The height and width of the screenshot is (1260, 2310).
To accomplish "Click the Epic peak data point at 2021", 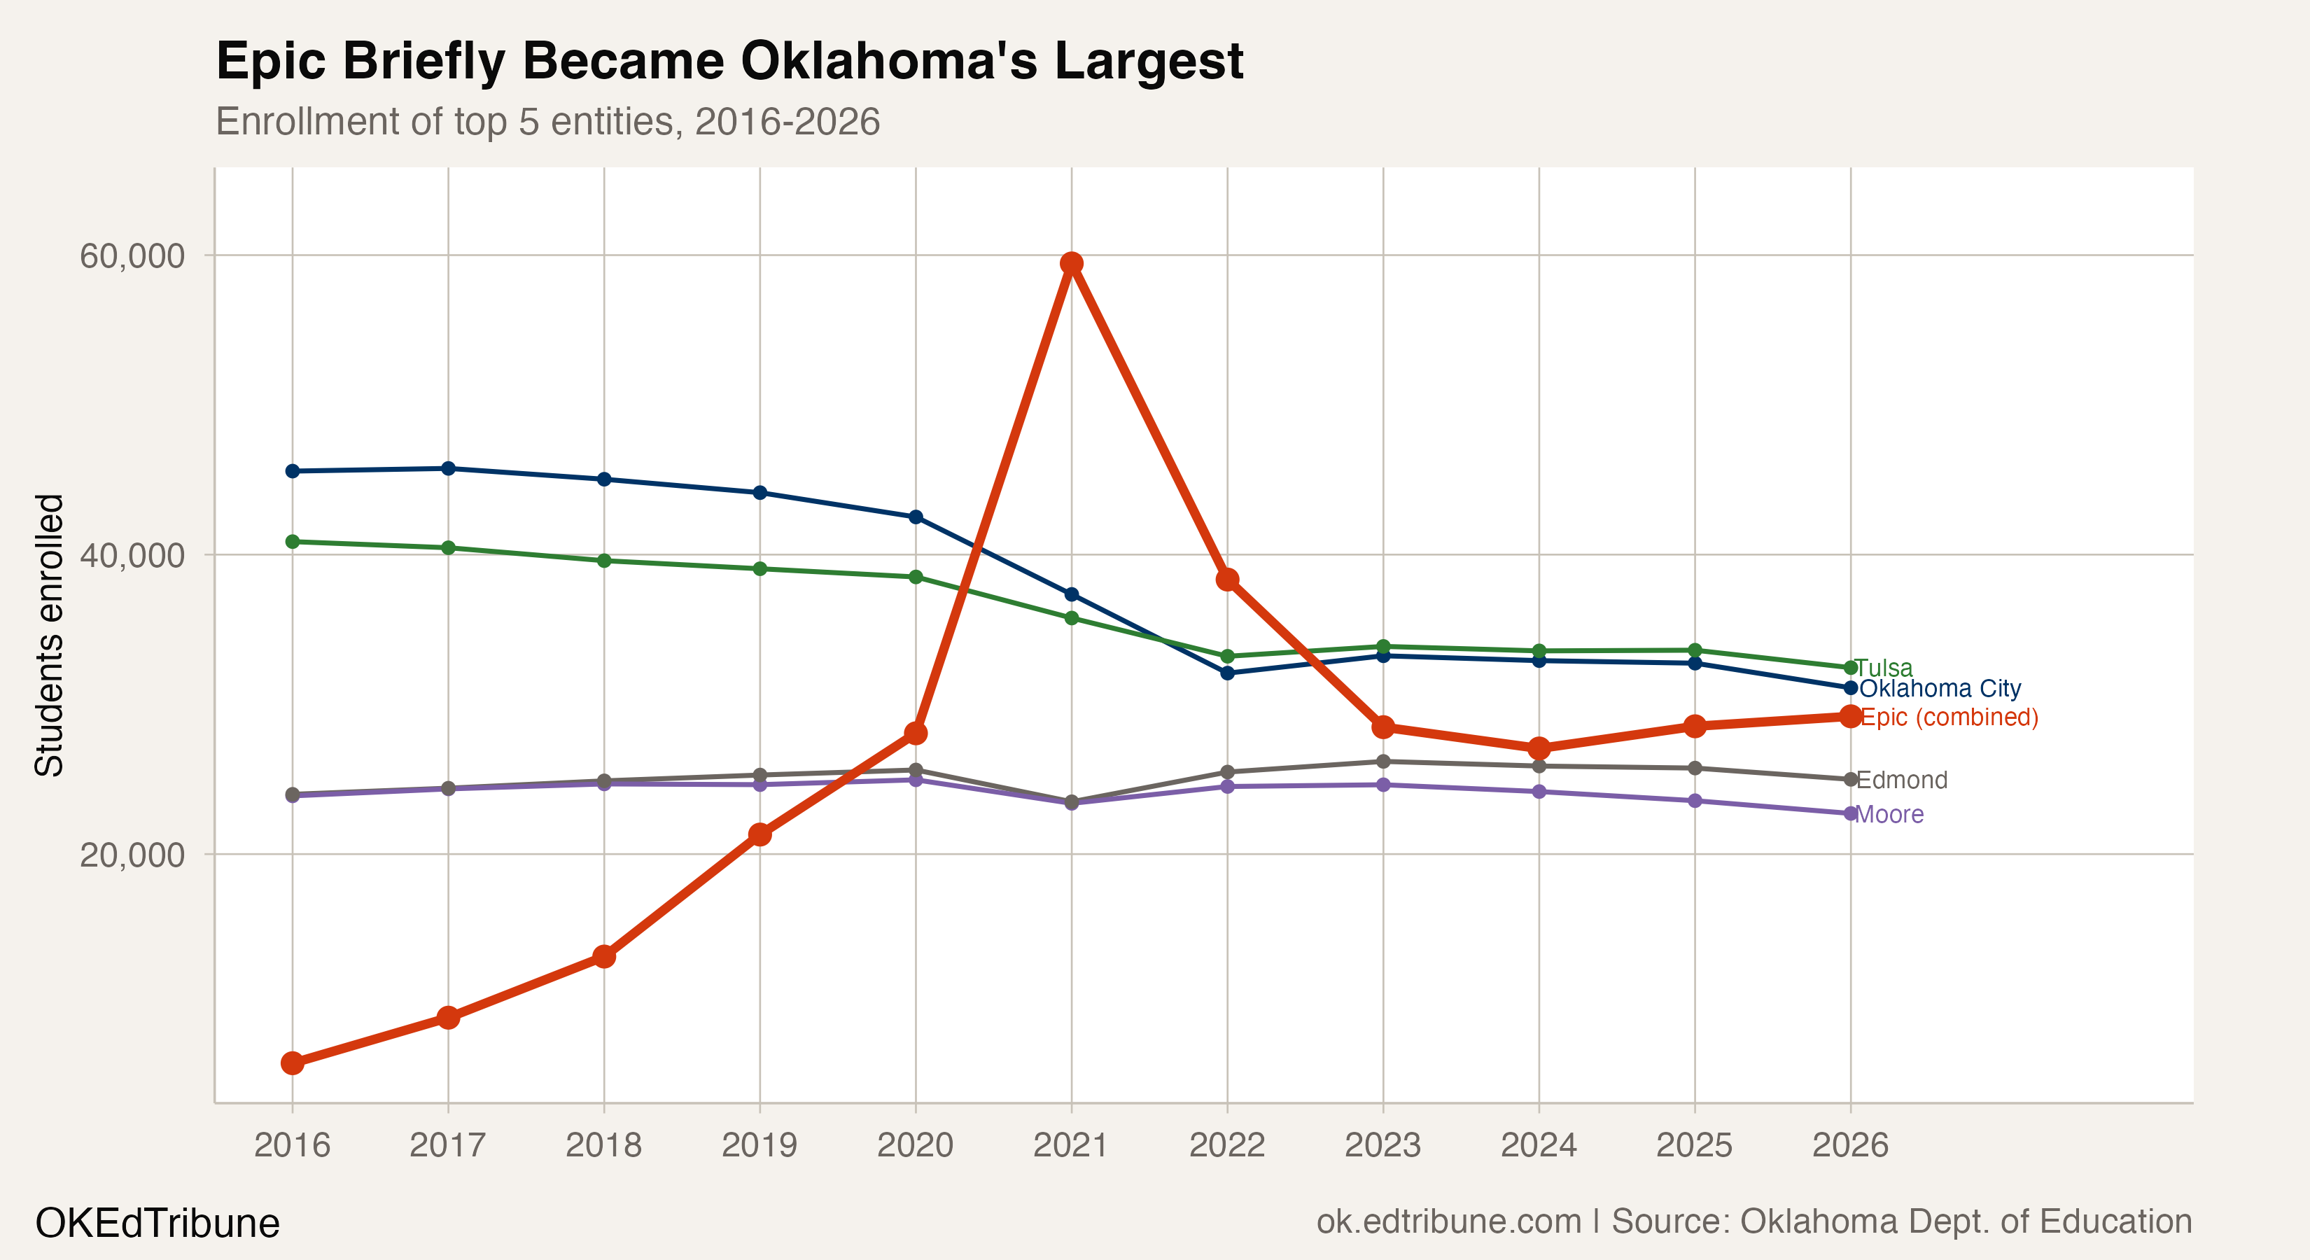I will point(1071,262).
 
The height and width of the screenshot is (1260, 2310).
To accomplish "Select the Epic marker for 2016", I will point(293,1063).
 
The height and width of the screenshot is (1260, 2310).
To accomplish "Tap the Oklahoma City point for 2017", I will point(449,468).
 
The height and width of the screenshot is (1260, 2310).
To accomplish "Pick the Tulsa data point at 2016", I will point(293,542).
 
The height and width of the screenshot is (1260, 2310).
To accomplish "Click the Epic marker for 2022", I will point(1226,580).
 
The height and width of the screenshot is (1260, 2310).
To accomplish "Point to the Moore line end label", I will point(1889,814).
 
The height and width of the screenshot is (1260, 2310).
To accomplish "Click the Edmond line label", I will point(1902,780).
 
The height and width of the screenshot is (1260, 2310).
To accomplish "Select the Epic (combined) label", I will point(1949,717).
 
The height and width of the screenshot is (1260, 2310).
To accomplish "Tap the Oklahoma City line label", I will point(1940,689).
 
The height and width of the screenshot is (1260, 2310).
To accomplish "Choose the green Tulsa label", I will point(1884,668).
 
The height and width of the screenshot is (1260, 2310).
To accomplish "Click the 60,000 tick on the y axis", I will point(132,256).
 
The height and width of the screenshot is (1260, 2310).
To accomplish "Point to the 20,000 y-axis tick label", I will point(132,855).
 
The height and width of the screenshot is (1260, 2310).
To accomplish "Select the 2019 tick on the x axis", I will point(759,1145).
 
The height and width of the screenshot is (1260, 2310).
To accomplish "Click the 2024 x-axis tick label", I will point(1539,1145).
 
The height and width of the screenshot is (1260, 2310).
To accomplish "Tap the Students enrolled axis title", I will point(49,635).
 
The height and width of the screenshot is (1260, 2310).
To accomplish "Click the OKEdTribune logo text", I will point(157,1223).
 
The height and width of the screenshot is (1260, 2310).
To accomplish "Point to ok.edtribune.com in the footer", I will point(1448,1222).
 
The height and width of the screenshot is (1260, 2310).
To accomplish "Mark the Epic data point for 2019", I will point(759,834).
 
